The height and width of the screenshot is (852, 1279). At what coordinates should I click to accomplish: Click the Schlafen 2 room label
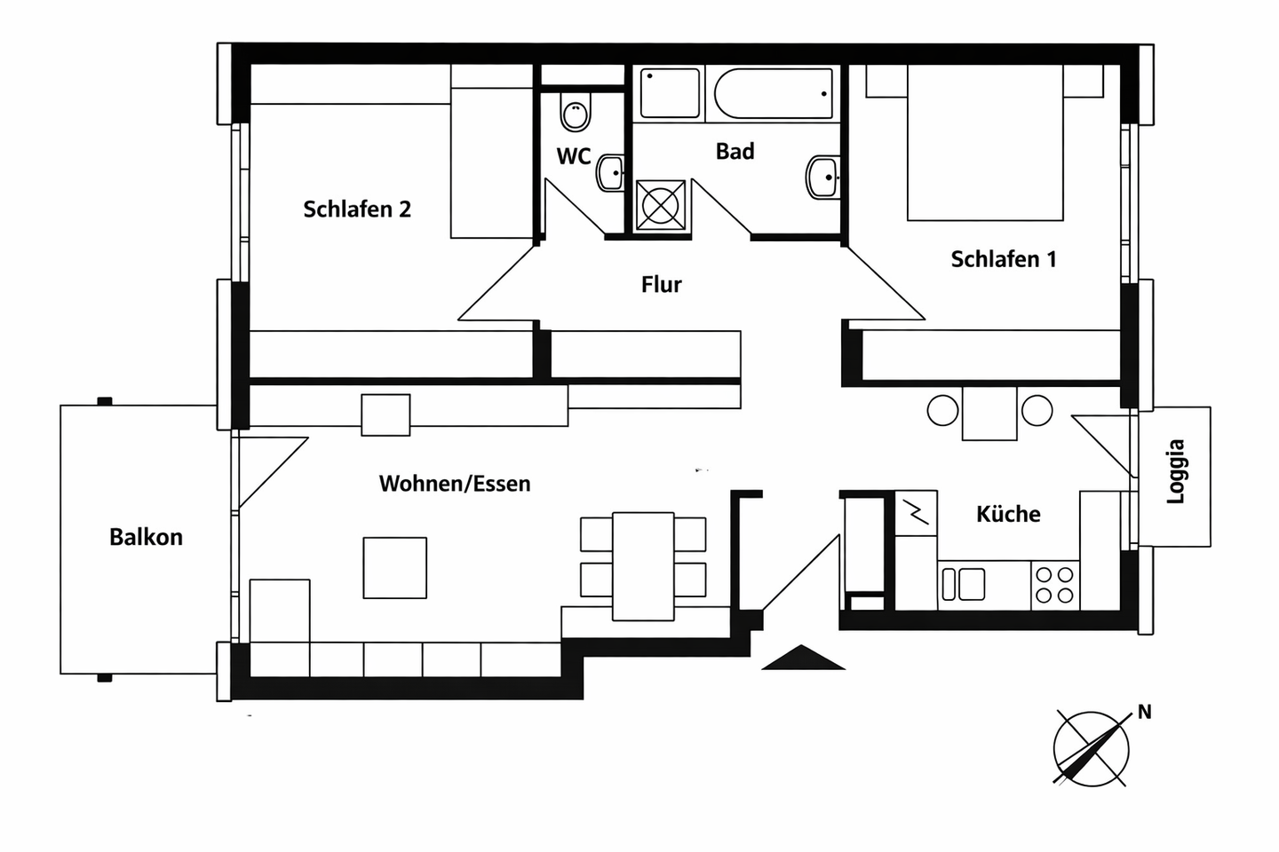(x=357, y=209)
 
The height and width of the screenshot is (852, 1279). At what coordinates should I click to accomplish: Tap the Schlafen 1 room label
(x=1004, y=259)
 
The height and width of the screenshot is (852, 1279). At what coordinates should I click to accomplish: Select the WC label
(x=573, y=157)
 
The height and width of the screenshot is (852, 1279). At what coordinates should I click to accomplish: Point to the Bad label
(x=735, y=152)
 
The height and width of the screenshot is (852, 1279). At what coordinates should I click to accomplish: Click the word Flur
(x=661, y=285)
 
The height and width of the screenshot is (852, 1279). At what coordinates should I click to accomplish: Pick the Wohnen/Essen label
(x=455, y=484)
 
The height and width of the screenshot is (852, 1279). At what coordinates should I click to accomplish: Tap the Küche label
(x=1008, y=514)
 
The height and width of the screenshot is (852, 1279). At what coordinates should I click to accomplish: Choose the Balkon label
(x=146, y=537)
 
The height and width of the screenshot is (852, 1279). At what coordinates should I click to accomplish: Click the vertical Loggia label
(x=1176, y=471)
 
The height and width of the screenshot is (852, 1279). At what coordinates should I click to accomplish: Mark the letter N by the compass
(x=1144, y=712)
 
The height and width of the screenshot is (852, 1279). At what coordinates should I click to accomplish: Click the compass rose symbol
(x=1091, y=748)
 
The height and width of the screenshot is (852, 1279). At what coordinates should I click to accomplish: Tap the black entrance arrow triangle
(x=803, y=658)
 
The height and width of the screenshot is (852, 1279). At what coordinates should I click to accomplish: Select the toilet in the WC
(x=575, y=114)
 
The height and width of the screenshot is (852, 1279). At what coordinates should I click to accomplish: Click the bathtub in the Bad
(x=773, y=93)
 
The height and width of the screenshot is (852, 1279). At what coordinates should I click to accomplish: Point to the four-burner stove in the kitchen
(x=1054, y=585)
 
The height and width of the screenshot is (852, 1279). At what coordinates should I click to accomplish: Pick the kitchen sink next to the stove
(x=963, y=585)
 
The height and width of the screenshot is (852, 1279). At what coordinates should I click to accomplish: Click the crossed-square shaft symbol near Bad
(x=661, y=206)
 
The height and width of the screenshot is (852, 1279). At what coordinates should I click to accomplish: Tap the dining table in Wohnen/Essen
(x=643, y=565)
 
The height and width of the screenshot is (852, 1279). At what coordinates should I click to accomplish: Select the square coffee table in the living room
(x=394, y=568)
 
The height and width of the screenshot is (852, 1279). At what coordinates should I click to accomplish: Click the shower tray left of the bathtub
(x=671, y=93)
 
